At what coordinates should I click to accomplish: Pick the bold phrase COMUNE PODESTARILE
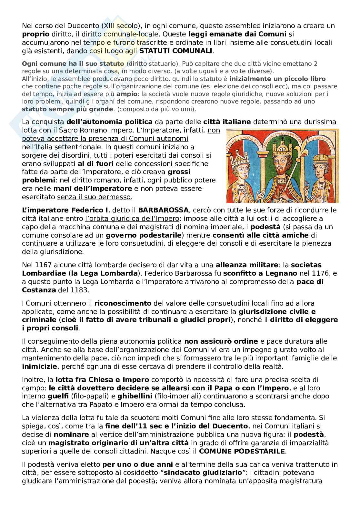coord(242,451)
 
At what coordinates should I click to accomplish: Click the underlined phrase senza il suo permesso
coord(94,197)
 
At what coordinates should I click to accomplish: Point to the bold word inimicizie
coord(40,366)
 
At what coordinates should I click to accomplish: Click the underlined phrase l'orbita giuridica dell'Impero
coord(132,219)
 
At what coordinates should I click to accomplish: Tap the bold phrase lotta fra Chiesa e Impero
coord(102,379)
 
